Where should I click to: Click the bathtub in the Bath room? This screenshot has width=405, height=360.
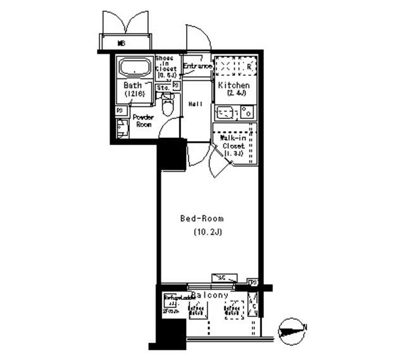coord(134,68)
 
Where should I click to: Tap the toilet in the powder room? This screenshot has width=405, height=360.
coord(168,106)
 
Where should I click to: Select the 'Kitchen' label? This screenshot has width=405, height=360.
coord(234,85)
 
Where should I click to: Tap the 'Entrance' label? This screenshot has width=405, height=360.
coord(197,66)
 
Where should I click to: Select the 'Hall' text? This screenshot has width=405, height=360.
coord(196,104)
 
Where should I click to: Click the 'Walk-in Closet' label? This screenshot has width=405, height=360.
coord(234,146)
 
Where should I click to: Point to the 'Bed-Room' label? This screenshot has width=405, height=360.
coord(202,219)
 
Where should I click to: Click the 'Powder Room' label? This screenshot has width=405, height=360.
coord(143,121)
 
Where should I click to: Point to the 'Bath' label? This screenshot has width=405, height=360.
coord(132,85)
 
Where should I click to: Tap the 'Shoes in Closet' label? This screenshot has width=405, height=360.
coord(166,66)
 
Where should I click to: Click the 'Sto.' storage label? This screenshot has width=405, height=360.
coord(162,88)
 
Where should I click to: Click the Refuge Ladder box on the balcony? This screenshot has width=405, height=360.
coord(173,304)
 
